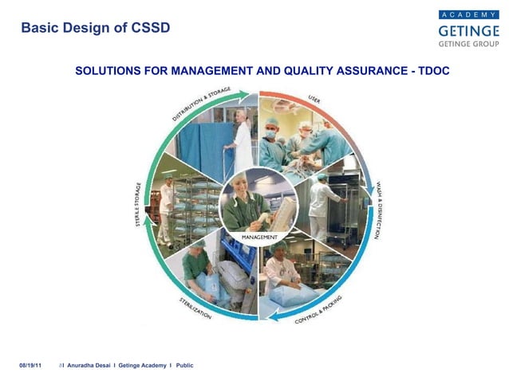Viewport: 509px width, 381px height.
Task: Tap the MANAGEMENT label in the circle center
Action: (x=259, y=237)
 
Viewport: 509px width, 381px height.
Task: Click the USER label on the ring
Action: (x=314, y=100)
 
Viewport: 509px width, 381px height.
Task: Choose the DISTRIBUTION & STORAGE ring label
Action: (x=201, y=104)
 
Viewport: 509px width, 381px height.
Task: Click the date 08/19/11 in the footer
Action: (x=30, y=365)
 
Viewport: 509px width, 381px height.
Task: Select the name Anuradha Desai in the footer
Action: (x=89, y=365)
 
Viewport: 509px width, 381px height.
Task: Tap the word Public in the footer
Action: (x=184, y=365)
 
